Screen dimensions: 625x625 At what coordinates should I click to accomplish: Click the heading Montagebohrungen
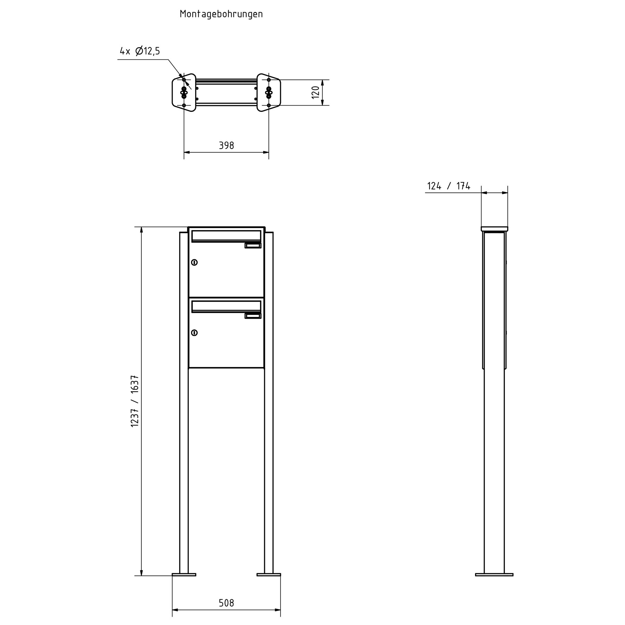221,14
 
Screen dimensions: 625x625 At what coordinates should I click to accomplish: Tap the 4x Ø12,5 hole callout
140,51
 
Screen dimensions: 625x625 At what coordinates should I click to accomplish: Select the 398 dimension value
226,145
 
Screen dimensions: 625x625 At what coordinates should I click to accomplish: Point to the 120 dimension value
315,92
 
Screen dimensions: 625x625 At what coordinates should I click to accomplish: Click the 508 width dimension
226,603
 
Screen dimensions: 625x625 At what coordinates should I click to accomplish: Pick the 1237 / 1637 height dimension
135,401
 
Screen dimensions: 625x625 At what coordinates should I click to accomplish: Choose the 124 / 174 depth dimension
449,186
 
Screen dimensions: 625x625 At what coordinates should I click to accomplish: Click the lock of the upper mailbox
194,262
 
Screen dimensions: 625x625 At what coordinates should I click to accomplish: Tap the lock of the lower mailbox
194,333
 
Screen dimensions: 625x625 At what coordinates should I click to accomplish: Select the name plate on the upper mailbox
253,246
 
